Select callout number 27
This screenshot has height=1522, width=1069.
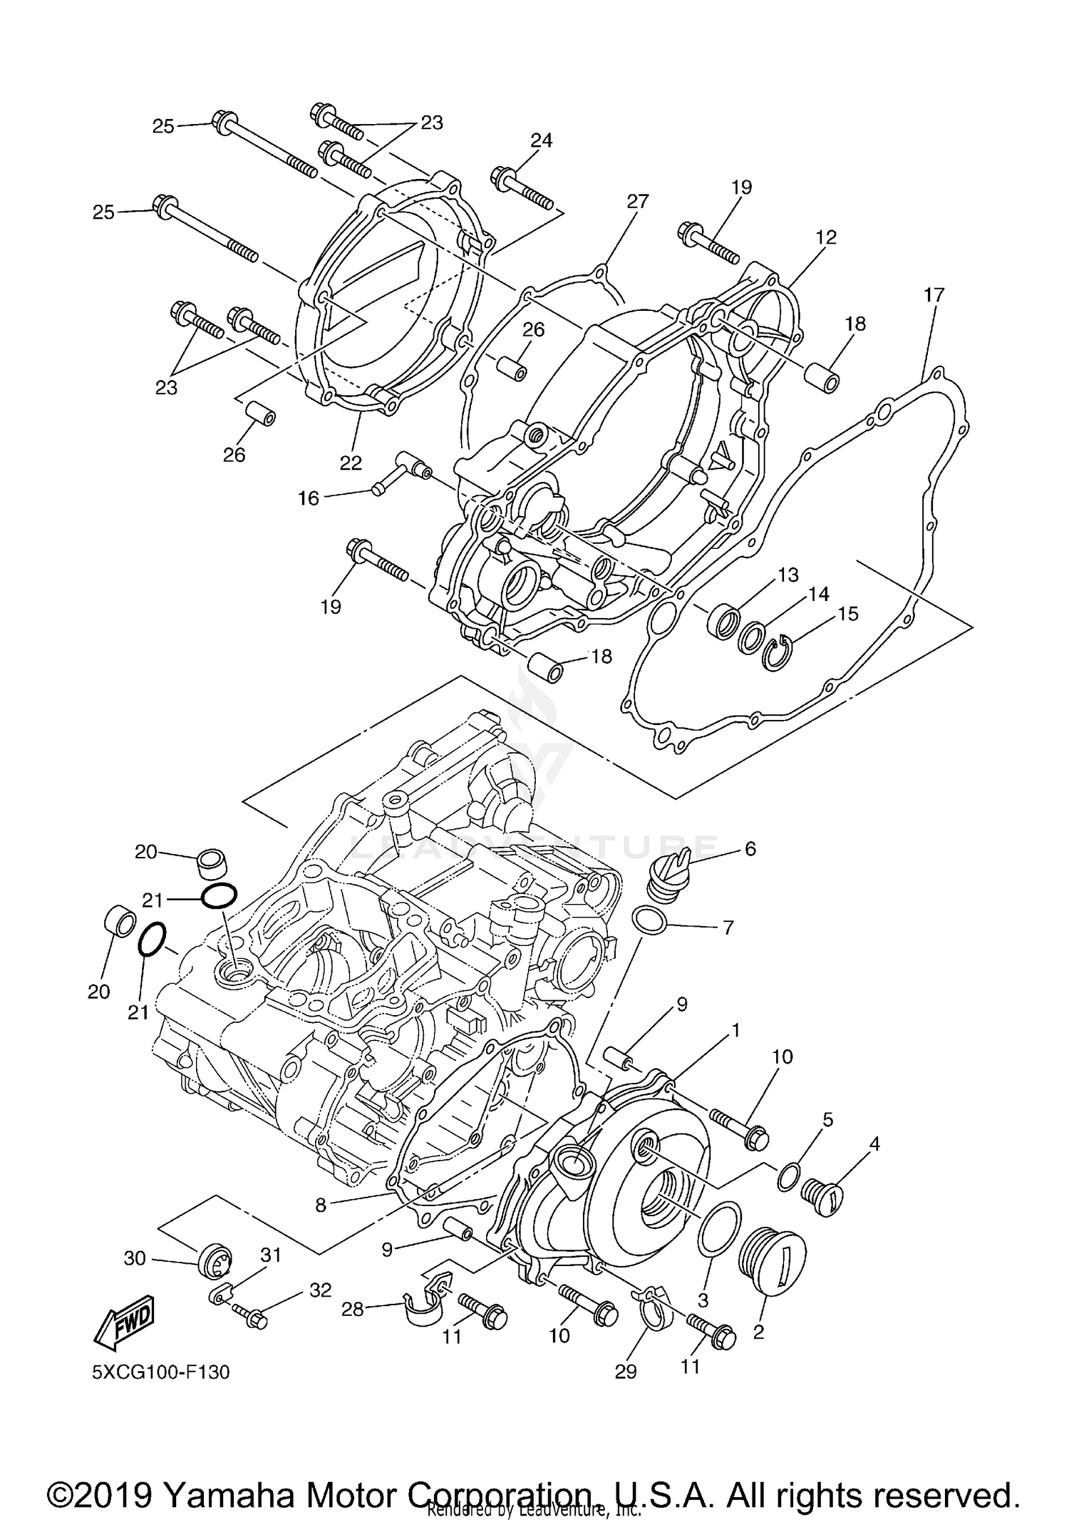pyautogui.click(x=638, y=201)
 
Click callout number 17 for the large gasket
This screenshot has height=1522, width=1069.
pyautogui.click(x=934, y=294)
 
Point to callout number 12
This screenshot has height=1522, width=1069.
pyautogui.click(x=826, y=237)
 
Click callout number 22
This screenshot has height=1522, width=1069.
pyautogui.click(x=351, y=463)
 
